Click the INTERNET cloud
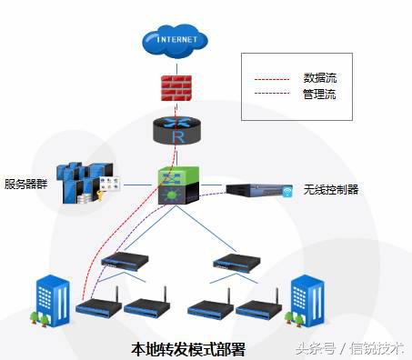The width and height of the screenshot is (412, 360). click(x=176, y=41)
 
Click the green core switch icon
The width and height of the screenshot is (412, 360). click(x=172, y=184)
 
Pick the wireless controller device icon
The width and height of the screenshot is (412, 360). click(x=257, y=190)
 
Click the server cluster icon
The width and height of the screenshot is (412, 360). click(x=87, y=184)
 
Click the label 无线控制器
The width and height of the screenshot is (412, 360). click(x=331, y=190)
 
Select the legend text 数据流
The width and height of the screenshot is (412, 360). click(x=318, y=77)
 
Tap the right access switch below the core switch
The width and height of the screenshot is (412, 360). click(x=234, y=264)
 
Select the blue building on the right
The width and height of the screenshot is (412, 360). click(x=306, y=301)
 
